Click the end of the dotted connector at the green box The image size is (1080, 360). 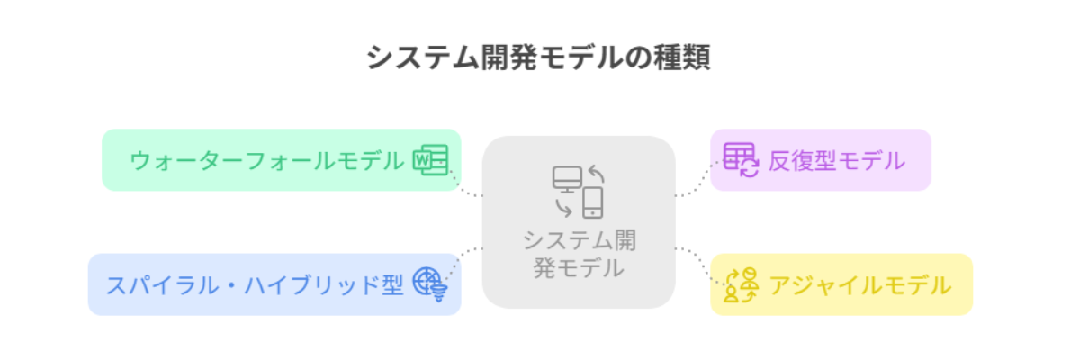point(450,170)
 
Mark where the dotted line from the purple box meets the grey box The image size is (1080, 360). point(676,195)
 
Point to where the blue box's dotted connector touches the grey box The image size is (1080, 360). point(482,248)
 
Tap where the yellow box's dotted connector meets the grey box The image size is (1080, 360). point(676,248)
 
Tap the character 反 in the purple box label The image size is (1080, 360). point(778,160)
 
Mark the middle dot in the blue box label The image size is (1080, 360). point(232,285)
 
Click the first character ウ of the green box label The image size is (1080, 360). point(141,160)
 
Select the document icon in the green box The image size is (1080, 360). point(430,160)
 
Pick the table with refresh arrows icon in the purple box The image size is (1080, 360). point(741,160)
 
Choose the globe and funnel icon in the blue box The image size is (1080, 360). point(430,284)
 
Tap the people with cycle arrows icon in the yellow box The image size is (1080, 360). point(741,284)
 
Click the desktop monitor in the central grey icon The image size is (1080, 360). point(567,179)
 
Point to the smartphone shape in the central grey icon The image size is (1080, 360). point(592,202)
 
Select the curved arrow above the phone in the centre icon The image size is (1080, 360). point(597,174)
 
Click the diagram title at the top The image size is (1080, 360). point(538,58)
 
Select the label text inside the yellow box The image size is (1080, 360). point(860,285)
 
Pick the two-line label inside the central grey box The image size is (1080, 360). point(579,254)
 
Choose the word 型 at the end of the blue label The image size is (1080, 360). point(393,285)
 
